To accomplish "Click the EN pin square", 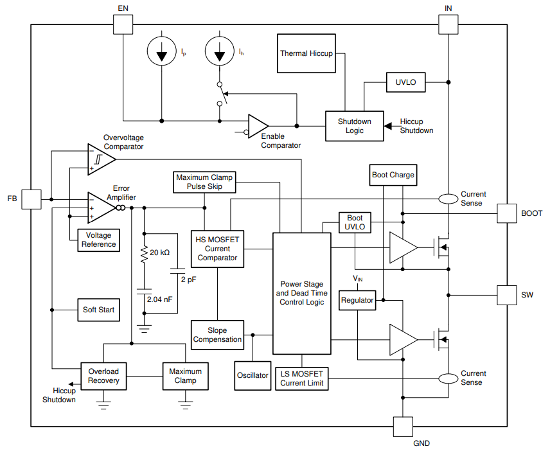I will [x=123, y=24].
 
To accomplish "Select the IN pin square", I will [x=448, y=24].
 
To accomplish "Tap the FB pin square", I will [x=31, y=199].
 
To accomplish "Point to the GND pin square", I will [x=403, y=427].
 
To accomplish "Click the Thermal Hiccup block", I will [x=306, y=53].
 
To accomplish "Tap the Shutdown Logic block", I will [x=354, y=126].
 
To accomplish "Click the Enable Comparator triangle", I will [x=258, y=126].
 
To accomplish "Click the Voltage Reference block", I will [x=98, y=240].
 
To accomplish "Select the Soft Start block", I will [x=98, y=310].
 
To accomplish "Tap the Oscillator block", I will [x=253, y=375].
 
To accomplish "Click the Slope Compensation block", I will [x=217, y=335].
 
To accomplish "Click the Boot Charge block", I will [x=393, y=174].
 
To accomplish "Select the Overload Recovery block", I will [x=103, y=376].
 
